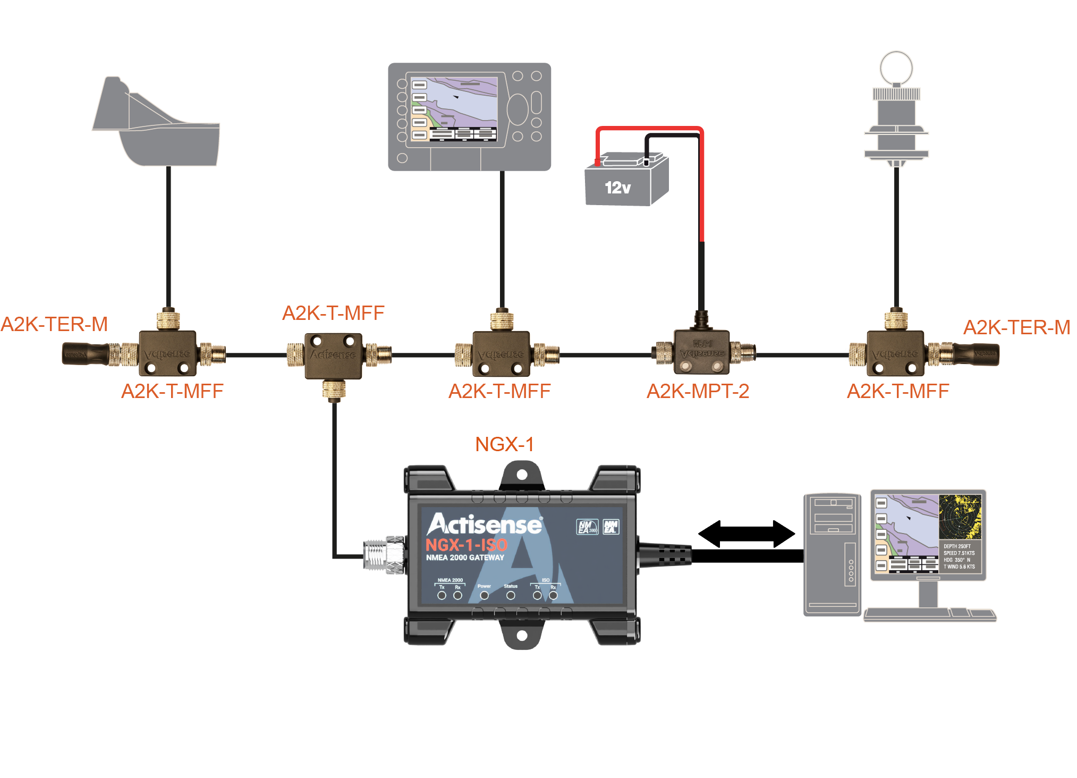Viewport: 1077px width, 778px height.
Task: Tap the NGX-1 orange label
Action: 504,444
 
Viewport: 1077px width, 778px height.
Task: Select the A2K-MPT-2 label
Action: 697,392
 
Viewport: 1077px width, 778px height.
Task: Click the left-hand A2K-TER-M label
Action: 54,324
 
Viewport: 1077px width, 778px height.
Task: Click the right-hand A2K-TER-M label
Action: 1016,327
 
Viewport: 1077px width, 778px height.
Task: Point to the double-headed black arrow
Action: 746,534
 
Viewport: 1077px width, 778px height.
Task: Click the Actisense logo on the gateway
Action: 485,525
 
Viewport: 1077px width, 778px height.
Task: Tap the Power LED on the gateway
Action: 484,596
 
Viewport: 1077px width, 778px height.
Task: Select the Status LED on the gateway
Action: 511,596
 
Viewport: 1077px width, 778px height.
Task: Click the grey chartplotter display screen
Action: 454,109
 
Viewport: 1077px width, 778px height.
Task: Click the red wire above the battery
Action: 648,129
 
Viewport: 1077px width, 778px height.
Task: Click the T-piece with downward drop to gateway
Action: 334,355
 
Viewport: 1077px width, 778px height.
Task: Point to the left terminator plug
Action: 85,354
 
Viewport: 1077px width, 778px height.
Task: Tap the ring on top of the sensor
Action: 896,67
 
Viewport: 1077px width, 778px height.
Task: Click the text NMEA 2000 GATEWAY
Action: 465,557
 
